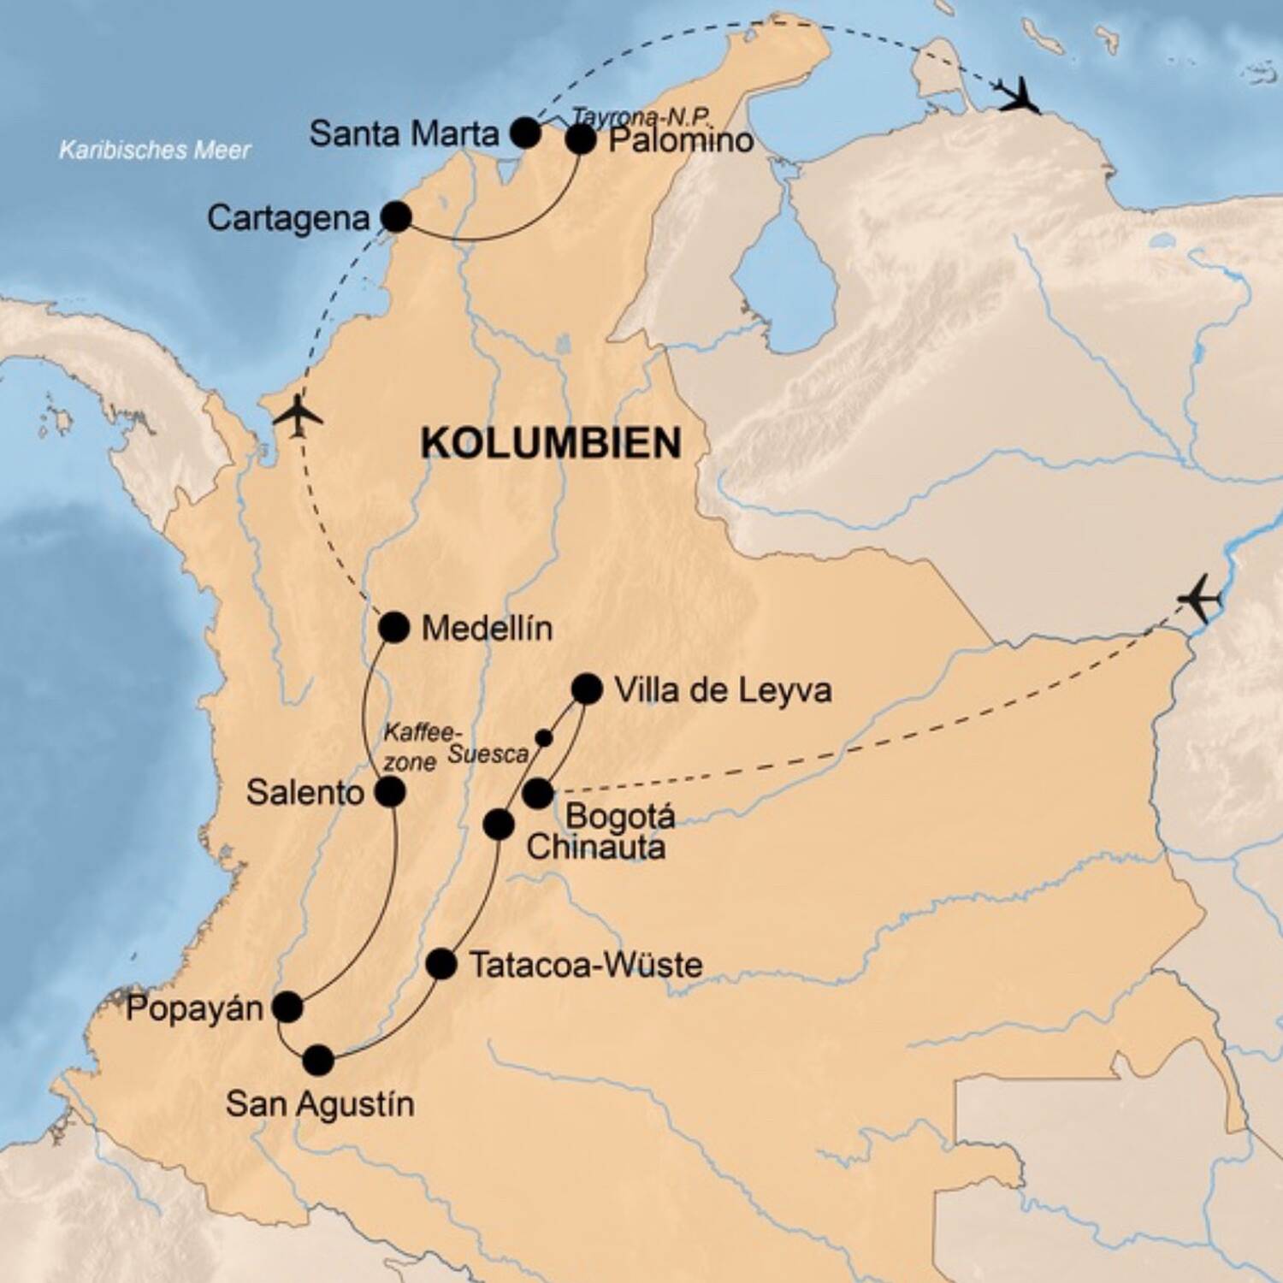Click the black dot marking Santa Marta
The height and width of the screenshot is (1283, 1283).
pyautogui.click(x=525, y=133)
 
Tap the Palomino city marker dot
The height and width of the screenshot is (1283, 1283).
pyautogui.click(x=581, y=139)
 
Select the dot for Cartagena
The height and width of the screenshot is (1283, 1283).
pyautogui.click(x=396, y=217)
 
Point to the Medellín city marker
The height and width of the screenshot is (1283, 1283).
pyautogui.click(x=393, y=628)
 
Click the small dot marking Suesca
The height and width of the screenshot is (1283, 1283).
pyautogui.click(x=543, y=736)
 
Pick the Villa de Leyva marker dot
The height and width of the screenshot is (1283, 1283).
pyautogui.click(x=587, y=689)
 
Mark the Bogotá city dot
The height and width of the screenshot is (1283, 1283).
pyautogui.click(x=537, y=794)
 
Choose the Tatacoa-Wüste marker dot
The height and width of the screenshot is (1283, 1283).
pyautogui.click(x=441, y=964)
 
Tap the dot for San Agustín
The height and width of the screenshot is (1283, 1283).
pyautogui.click(x=318, y=1061)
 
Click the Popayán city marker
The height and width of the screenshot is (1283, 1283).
pyautogui.click(x=287, y=1008)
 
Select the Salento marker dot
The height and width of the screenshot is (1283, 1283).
pyautogui.click(x=389, y=792)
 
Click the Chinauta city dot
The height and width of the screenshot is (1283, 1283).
pyautogui.click(x=499, y=825)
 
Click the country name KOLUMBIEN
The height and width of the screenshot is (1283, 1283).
pyautogui.click(x=552, y=443)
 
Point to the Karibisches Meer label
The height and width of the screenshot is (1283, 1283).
pyautogui.click(x=155, y=151)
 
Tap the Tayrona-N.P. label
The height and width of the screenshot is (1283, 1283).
pyautogui.click(x=641, y=117)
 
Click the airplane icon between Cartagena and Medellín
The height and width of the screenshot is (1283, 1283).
pyautogui.click(x=298, y=417)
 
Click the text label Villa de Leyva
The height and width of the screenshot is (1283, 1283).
pyautogui.click(x=723, y=690)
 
